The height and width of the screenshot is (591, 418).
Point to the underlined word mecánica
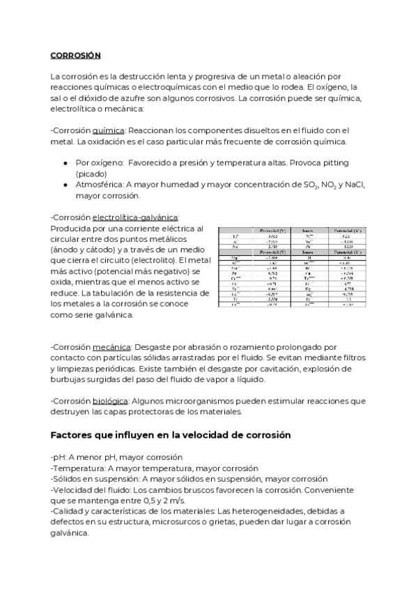tap(111, 346)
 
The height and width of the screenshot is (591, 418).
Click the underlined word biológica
tap(110, 401)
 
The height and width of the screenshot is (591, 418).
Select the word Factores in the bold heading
tap(73, 435)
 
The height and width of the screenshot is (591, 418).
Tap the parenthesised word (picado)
tap(91, 174)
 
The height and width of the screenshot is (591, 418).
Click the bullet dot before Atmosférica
tap(65, 185)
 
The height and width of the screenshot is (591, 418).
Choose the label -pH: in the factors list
tap(59, 458)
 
